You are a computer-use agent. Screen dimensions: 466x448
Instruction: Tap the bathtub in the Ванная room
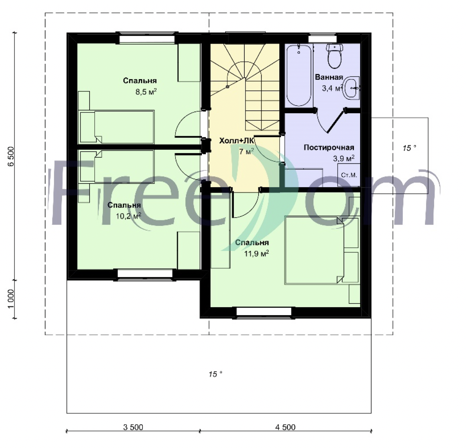(x=299, y=75)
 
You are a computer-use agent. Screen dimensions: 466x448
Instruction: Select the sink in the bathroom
(x=351, y=88)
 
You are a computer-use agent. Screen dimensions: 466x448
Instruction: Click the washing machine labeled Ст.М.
(x=349, y=175)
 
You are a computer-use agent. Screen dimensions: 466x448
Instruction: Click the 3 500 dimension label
(x=133, y=427)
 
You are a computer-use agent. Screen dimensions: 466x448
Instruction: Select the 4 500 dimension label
(x=285, y=427)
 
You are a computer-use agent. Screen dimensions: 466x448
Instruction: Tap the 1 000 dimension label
(x=11, y=299)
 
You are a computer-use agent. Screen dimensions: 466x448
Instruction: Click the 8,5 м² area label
(x=146, y=91)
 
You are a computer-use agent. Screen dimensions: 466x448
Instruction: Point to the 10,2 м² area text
(x=128, y=216)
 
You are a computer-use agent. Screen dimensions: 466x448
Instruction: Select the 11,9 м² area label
(x=256, y=253)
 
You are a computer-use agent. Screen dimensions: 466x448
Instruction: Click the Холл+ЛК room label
(x=237, y=141)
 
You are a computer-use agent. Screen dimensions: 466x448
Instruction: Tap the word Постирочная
(x=329, y=148)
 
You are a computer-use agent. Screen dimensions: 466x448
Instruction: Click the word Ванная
(x=329, y=77)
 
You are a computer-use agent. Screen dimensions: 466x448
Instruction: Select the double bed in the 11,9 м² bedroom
(x=322, y=250)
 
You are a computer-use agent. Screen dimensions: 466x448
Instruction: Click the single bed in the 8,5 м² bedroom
(x=117, y=127)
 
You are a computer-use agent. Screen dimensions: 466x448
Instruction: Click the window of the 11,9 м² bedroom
(x=264, y=312)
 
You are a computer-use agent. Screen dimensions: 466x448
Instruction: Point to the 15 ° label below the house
(x=215, y=374)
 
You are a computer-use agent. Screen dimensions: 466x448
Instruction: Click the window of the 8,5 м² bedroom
(x=147, y=39)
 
